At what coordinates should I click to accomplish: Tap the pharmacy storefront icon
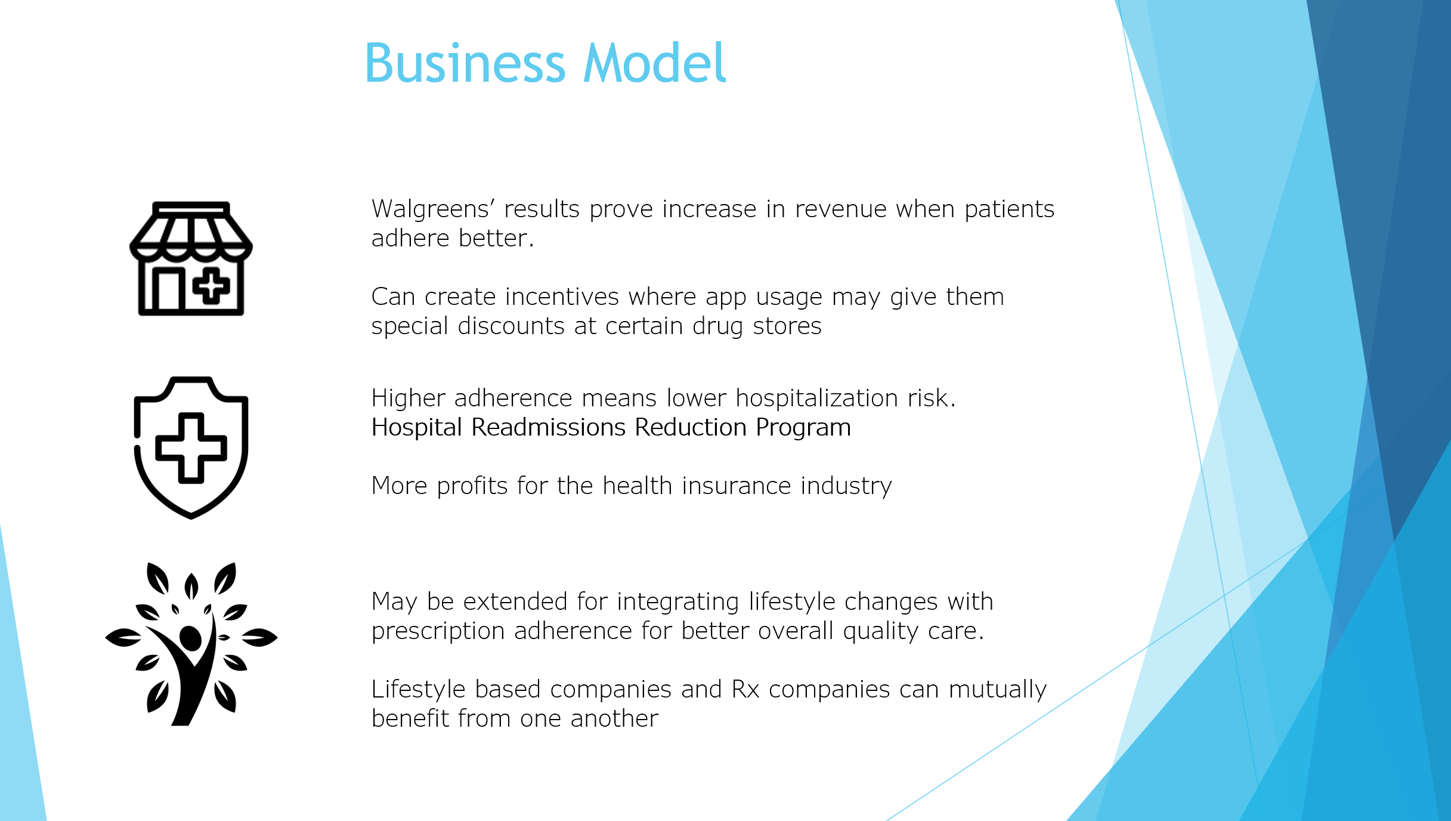191,258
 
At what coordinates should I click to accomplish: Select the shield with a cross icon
191,447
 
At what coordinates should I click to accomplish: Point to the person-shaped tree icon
191,644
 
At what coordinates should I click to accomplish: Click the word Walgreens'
434,209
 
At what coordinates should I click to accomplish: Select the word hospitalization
816,398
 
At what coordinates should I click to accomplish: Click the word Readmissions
549,427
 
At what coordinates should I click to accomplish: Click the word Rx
745,689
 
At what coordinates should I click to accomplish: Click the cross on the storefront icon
211,286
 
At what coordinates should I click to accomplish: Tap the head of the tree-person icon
190,638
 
